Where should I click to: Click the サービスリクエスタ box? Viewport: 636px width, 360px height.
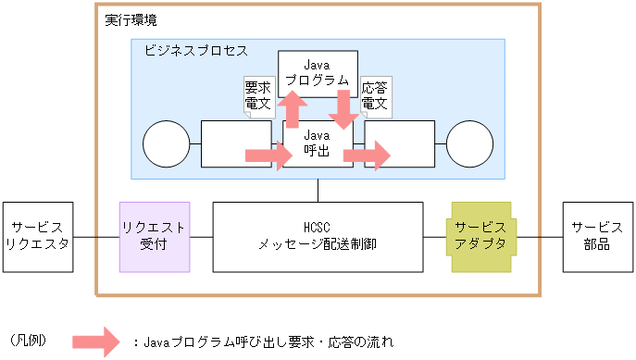(38, 237)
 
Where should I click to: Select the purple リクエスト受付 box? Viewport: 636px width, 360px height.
(155, 237)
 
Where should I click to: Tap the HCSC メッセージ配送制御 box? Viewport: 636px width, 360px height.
(318, 237)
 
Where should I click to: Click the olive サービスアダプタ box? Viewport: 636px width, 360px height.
(480, 237)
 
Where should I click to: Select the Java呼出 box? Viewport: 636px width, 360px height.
(318, 143)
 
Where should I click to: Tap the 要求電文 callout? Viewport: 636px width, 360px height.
(257, 96)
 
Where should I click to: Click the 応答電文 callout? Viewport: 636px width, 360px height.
(375, 96)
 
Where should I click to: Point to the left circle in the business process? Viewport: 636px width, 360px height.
(167, 143)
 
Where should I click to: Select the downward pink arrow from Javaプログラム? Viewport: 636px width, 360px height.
(343, 109)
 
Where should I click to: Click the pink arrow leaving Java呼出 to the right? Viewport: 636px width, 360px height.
(368, 155)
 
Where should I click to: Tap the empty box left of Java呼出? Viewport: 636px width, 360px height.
(236, 143)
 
